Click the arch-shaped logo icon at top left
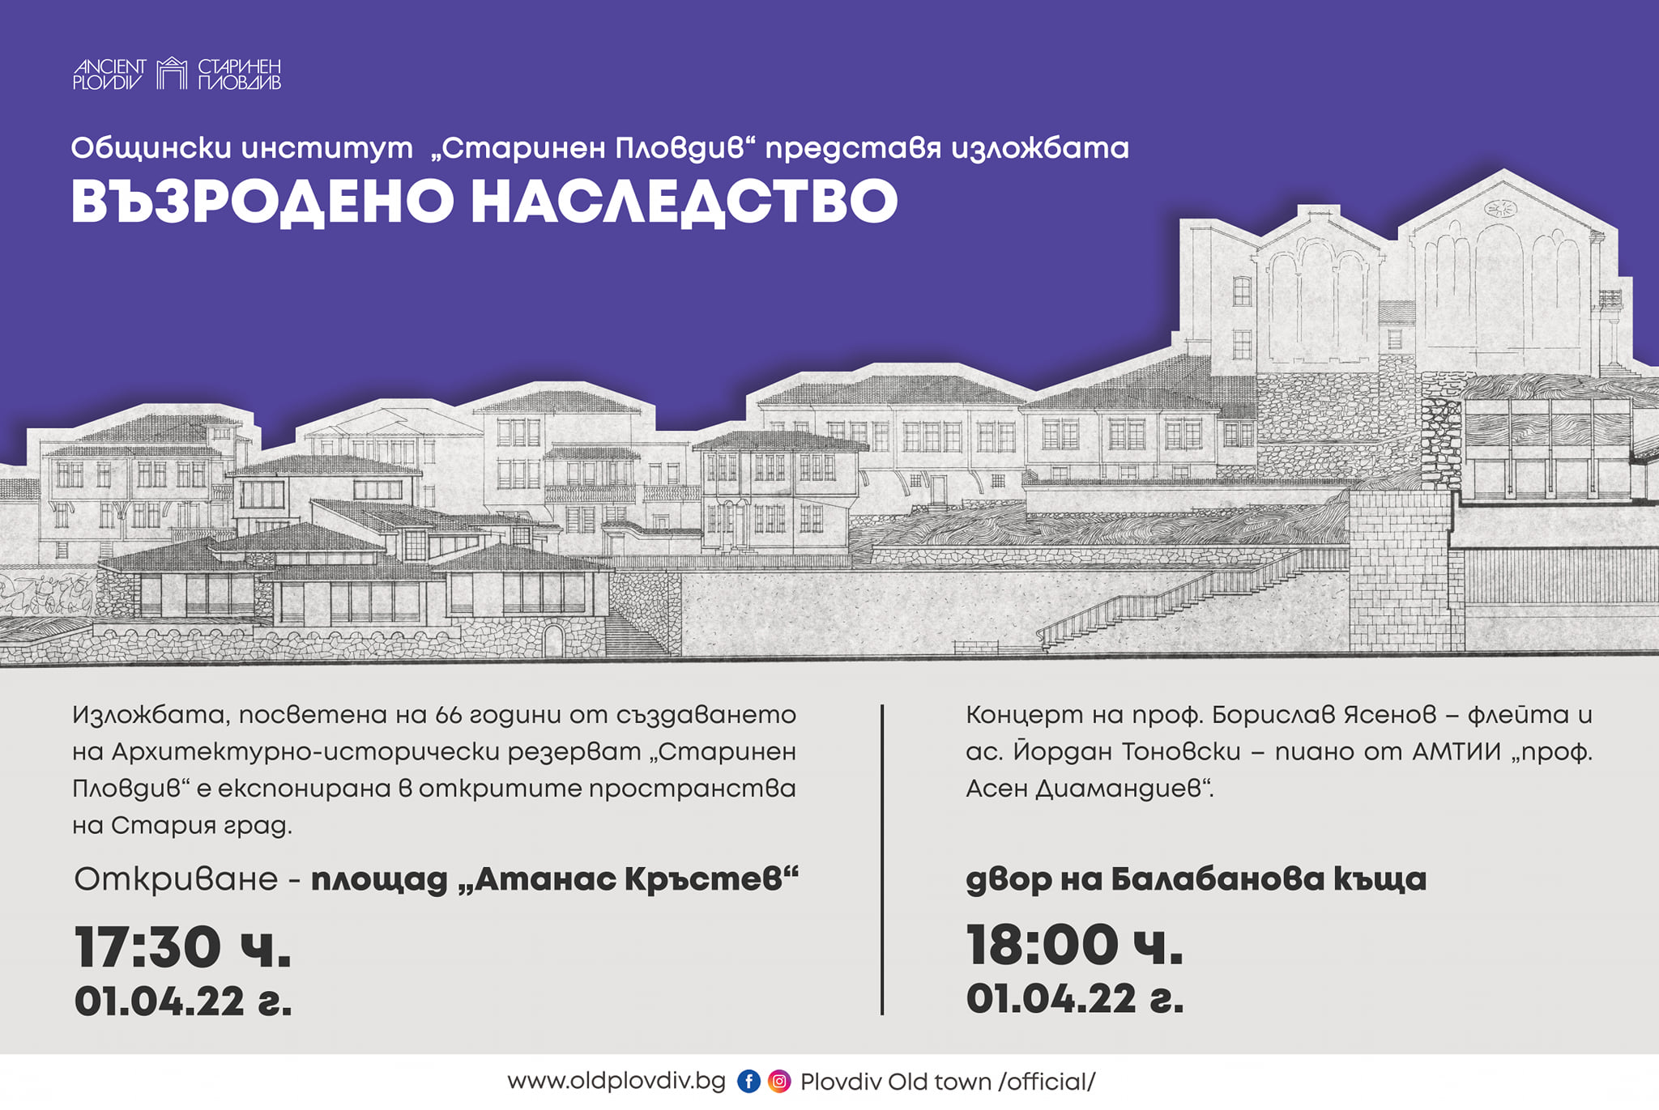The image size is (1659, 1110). pyautogui.click(x=172, y=73)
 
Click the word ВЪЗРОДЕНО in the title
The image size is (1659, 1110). pyautogui.click(x=262, y=202)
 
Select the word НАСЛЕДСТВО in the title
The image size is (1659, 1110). pyautogui.click(x=684, y=202)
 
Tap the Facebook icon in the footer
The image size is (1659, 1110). pyautogui.click(x=748, y=1081)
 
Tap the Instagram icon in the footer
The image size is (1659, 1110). pyautogui.click(x=779, y=1081)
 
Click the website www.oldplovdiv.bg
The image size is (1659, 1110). pyautogui.click(x=616, y=1082)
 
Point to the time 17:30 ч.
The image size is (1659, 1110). pyautogui.click(x=183, y=946)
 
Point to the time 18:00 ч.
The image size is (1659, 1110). pyautogui.click(x=1075, y=945)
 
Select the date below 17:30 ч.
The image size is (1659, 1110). pyautogui.click(x=183, y=1002)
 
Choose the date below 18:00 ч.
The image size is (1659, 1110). pyautogui.click(x=1075, y=999)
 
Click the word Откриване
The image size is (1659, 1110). pyautogui.click(x=176, y=879)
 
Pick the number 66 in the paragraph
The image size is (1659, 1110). pyautogui.click(x=449, y=715)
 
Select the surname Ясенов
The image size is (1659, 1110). pyautogui.click(x=1390, y=715)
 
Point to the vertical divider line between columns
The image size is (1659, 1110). pyautogui.click(x=882, y=859)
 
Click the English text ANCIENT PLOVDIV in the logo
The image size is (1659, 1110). pyautogui.click(x=109, y=74)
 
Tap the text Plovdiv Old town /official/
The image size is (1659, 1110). pyautogui.click(x=948, y=1082)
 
